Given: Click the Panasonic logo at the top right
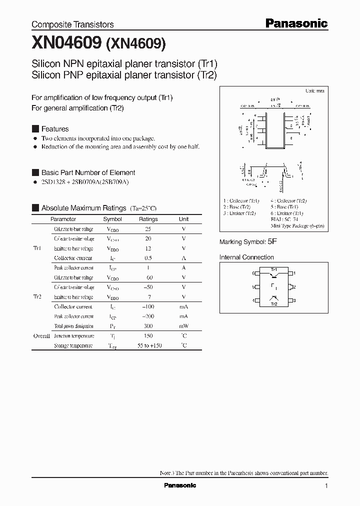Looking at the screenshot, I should (x=295, y=23).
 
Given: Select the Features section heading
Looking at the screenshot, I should (x=54, y=129).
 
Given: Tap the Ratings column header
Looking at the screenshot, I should (x=148, y=219).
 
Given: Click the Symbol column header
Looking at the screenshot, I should (x=112, y=219).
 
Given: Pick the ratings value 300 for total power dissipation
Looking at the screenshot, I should (x=148, y=326).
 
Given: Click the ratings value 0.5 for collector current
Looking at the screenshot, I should (x=148, y=258).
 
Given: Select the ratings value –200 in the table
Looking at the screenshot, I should (x=148, y=316).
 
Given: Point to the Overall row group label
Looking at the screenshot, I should (x=41, y=336).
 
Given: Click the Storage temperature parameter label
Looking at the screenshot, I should (x=73, y=345).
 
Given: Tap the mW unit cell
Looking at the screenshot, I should (x=184, y=326).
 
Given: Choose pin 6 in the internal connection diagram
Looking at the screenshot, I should (x=254, y=273).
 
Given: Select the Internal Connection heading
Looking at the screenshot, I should (x=246, y=257).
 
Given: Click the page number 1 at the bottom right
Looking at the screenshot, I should (x=326, y=486).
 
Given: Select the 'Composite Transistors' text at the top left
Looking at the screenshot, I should (x=72, y=24).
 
